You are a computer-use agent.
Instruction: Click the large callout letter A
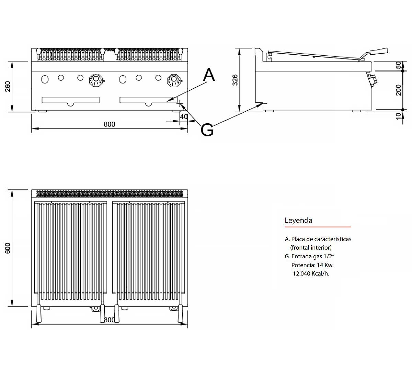point(209,75)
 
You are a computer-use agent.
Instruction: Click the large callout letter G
point(207,130)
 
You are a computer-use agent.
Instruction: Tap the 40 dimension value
point(184,117)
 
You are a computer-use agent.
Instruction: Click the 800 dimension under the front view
point(110,124)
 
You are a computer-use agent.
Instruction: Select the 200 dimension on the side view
point(399,90)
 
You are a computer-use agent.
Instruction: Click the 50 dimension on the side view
point(399,65)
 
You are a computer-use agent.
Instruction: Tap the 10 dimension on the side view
point(399,116)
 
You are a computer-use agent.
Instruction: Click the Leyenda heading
point(298,221)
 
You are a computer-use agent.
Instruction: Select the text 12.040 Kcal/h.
point(311,274)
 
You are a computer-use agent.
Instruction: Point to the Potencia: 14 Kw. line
point(312,265)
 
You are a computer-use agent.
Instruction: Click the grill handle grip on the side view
point(378,52)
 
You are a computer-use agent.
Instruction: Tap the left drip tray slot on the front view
point(70,100)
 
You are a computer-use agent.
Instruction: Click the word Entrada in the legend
point(302,256)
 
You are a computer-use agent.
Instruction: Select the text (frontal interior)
point(311,247)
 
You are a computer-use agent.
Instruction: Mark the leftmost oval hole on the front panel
point(45,79)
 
